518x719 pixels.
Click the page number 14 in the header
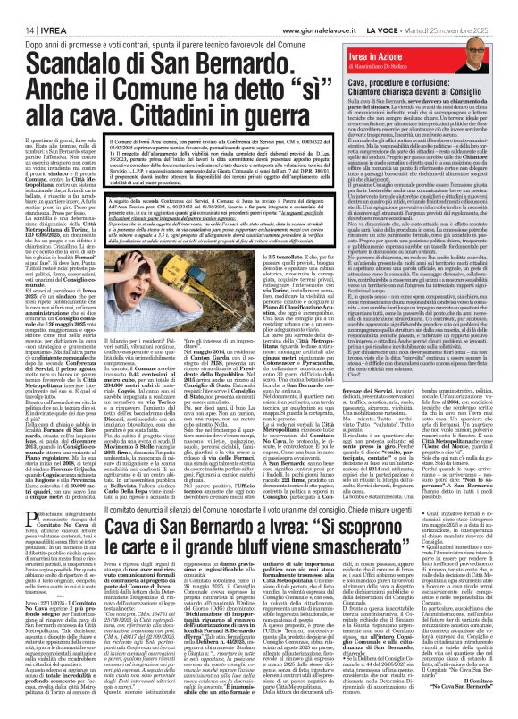click(17, 7)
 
